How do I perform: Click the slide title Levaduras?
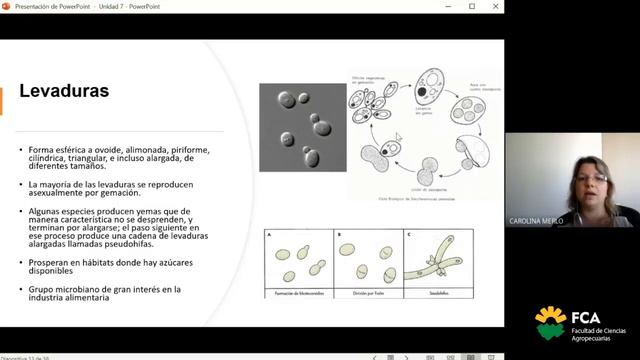(x=65, y=93)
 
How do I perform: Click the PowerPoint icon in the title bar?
(x=7, y=6)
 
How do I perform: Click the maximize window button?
(x=472, y=6)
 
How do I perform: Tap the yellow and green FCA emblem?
(x=550, y=322)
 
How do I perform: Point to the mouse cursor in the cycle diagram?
(x=397, y=137)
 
